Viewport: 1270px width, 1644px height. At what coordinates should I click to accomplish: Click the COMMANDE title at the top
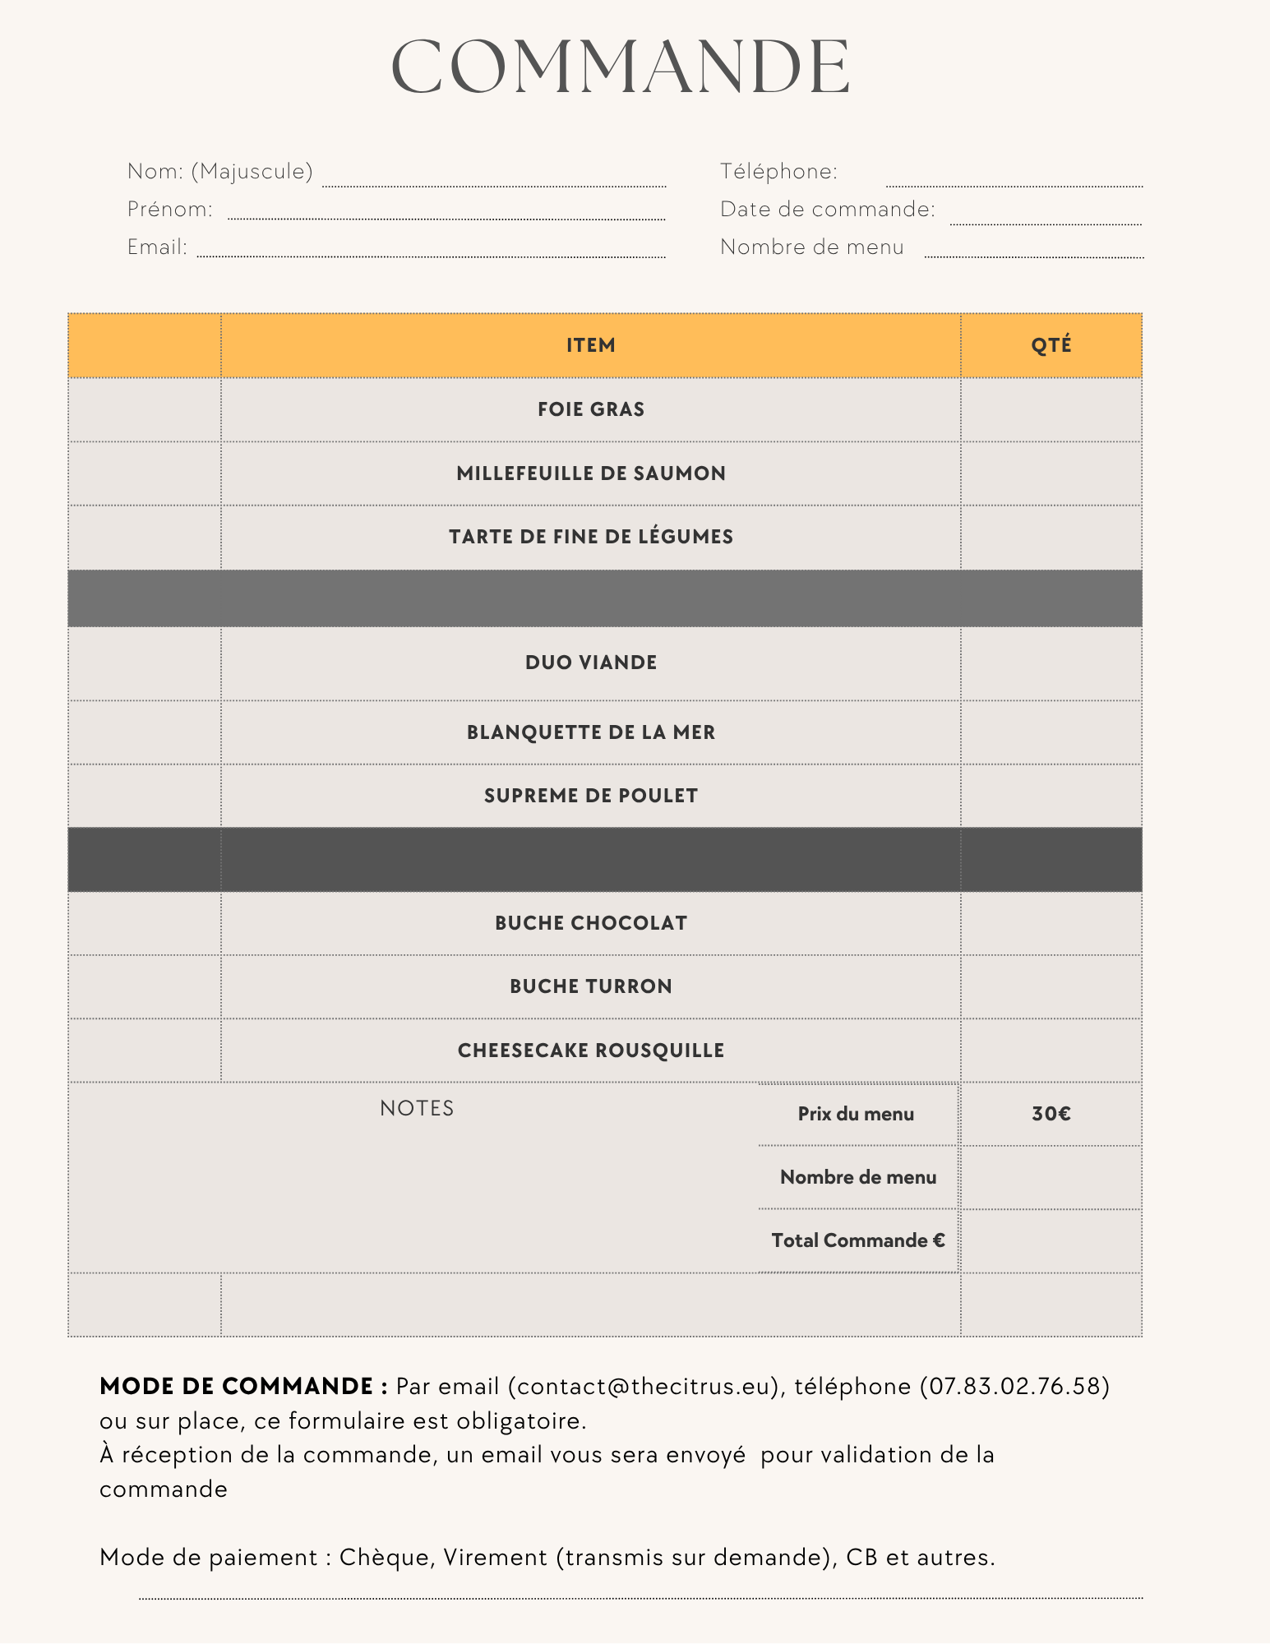click(621, 67)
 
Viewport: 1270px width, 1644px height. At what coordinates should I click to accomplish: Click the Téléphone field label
click(778, 171)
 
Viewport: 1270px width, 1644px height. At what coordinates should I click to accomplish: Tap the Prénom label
click(169, 209)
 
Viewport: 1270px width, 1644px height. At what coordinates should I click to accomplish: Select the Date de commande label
click(827, 209)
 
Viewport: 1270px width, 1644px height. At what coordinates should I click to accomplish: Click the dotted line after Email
click(431, 255)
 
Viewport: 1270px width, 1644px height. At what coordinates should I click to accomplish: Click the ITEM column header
click(590, 345)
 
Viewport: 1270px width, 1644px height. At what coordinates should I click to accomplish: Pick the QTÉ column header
click(1051, 345)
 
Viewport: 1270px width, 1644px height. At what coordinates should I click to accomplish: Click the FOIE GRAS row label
click(590, 409)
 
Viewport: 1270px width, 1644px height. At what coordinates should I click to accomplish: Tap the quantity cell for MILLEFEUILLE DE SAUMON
click(1051, 473)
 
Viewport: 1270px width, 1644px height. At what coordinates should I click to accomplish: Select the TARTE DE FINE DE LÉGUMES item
click(590, 537)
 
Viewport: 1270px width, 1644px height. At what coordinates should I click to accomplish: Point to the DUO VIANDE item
click(590, 663)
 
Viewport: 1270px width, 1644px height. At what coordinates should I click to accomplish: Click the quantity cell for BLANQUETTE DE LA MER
click(1051, 732)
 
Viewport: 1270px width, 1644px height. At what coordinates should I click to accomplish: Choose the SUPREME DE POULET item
click(590, 796)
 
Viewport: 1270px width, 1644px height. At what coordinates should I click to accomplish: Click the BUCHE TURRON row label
click(590, 986)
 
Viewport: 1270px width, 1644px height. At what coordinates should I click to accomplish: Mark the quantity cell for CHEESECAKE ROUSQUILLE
click(1051, 1051)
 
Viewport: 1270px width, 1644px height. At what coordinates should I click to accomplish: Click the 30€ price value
click(1051, 1114)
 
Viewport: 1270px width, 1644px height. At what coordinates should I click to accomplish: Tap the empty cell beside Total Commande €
click(1051, 1240)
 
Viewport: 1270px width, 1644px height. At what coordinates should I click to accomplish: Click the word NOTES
click(417, 1108)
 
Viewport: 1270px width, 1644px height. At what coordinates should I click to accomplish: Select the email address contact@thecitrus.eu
click(644, 1387)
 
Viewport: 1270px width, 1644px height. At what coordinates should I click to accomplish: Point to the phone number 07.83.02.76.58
click(1014, 1387)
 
